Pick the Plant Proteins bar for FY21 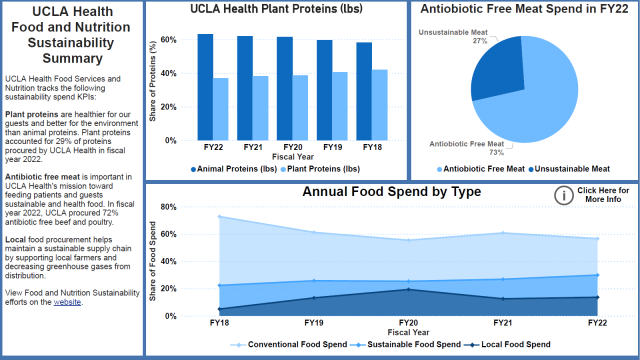pyautogui.click(x=261, y=107)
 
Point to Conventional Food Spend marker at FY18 pyautogui.click(x=219, y=217)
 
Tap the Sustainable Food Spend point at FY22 pyautogui.click(x=597, y=275)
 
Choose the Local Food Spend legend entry pyautogui.click(x=506, y=345)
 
